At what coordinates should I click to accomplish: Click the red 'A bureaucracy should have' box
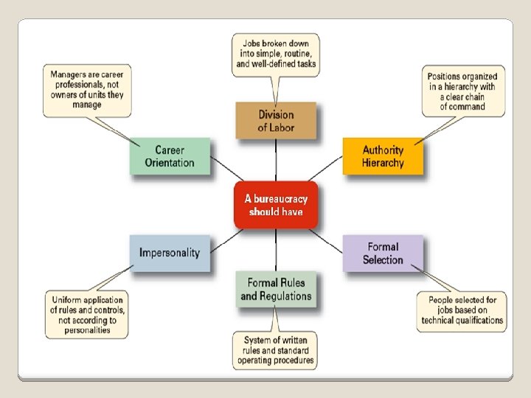click(x=276, y=205)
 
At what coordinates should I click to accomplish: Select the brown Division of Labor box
click(x=276, y=121)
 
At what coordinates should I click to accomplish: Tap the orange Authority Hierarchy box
click(x=383, y=156)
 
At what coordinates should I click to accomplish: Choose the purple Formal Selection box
click(x=383, y=253)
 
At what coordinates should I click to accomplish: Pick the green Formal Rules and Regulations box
click(x=276, y=289)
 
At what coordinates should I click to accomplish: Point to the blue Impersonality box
click(x=170, y=253)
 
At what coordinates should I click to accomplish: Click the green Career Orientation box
click(x=170, y=156)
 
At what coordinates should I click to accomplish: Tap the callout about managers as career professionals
click(x=87, y=89)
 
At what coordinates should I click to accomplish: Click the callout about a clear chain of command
click(x=462, y=91)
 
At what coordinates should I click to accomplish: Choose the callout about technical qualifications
click(x=462, y=310)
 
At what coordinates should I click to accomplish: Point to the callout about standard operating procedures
click(x=276, y=350)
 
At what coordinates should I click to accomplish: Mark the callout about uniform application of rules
click(x=87, y=315)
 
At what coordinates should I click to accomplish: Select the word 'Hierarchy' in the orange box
click(x=383, y=163)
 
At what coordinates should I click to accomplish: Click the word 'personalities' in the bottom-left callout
click(x=87, y=330)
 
